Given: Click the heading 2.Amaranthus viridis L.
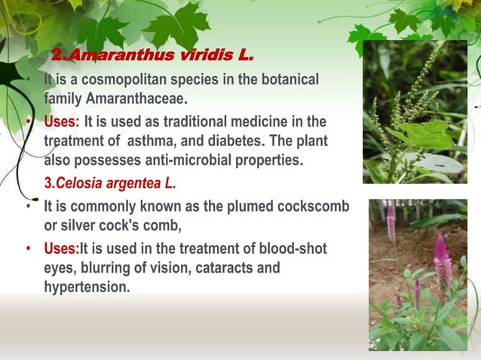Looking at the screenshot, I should pos(152,56).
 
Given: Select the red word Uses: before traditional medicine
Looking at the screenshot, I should pos(62,122).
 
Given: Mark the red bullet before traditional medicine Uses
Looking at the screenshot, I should pos(29,122).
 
